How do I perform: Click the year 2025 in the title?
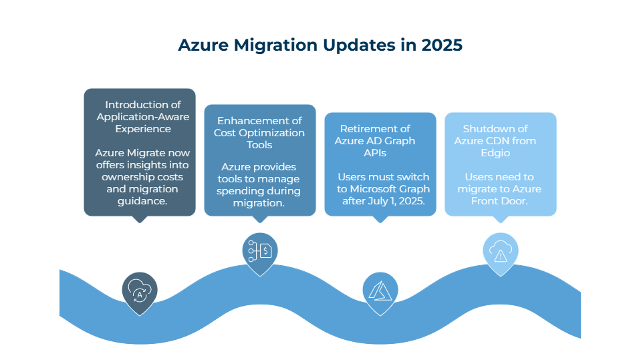tap(442, 45)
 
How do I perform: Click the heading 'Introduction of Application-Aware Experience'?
tap(142, 117)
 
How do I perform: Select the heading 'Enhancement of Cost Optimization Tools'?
tap(259, 133)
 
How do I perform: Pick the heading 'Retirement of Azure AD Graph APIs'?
tap(375, 140)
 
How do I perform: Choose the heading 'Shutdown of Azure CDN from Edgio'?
tap(495, 140)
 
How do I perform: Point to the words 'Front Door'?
tap(499, 201)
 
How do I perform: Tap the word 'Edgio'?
tap(495, 153)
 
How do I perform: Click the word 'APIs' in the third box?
tap(375, 153)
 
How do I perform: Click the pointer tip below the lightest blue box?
tap(501, 222)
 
